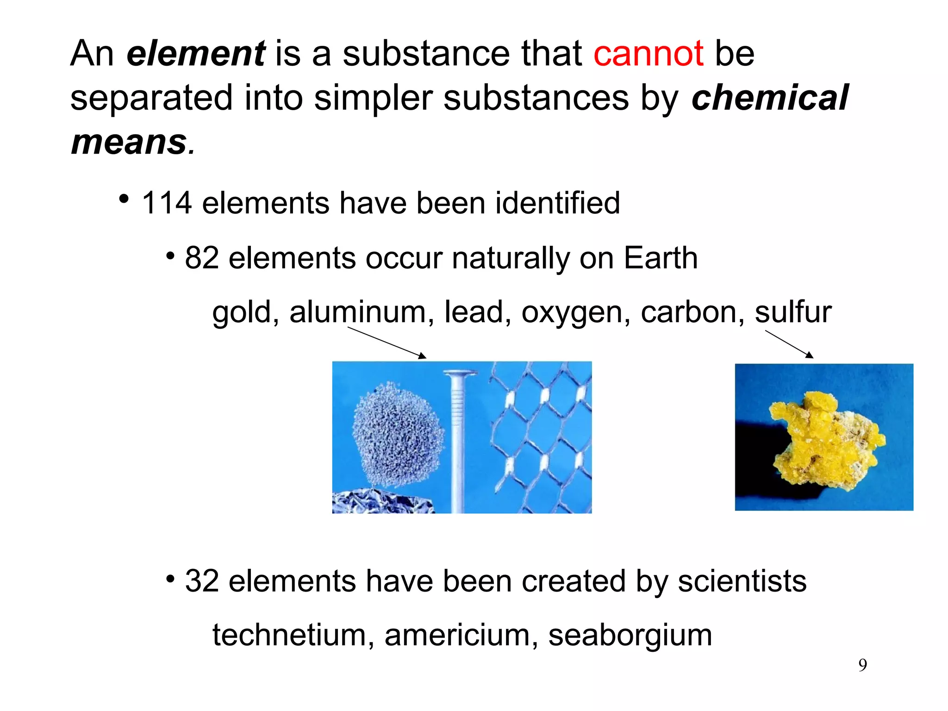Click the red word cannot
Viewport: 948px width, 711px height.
pos(648,54)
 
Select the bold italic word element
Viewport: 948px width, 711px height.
pos(195,54)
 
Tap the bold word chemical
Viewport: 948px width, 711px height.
pos(769,98)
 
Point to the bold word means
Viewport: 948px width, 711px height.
pos(129,142)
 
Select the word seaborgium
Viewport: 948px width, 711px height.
pos(630,636)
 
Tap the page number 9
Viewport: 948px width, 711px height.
pos(863,665)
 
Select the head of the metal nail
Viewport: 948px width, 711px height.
pos(460,373)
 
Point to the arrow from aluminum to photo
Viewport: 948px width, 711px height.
pos(387,343)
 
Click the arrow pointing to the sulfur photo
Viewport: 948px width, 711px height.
pos(789,344)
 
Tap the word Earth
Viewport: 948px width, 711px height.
pos(661,258)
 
